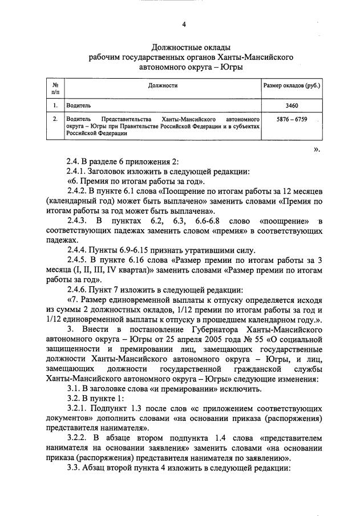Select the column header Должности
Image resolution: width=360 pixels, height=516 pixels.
163,86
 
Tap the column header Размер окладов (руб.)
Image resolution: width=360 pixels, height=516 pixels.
292,86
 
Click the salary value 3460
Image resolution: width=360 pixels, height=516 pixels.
292,105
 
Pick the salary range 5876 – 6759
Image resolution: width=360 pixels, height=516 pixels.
292,120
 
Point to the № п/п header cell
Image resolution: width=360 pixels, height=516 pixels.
55,87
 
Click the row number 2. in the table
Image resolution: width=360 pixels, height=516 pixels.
55,120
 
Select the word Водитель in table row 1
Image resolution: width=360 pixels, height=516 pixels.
78,105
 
